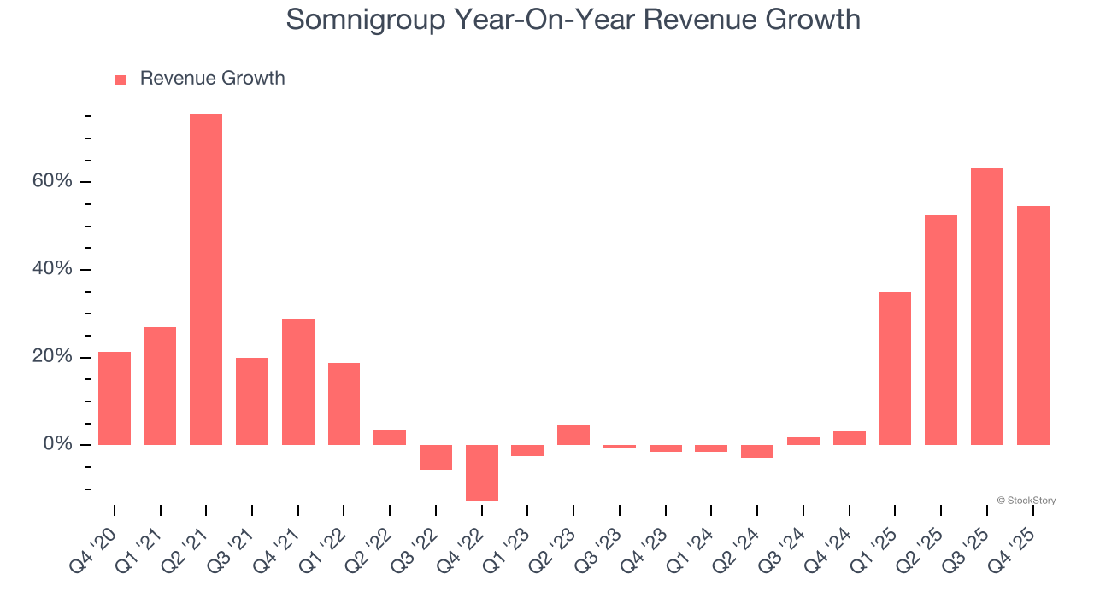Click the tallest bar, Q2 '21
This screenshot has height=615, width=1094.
(206, 279)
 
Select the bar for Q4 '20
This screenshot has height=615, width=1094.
(115, 398)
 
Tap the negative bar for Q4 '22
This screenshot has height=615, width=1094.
(482, 472)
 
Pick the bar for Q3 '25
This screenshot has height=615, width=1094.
(987, 307)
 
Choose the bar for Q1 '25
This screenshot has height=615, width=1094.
(895, 368)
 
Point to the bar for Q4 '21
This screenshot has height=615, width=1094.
(298, 382)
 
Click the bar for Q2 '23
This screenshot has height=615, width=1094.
(573, 435)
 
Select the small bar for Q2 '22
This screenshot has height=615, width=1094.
(390, 437)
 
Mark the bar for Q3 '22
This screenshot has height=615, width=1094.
(436, 457)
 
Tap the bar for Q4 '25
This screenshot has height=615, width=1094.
(1033, 325)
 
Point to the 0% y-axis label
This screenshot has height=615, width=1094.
(58, 444)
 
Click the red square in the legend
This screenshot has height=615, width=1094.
(121, 79)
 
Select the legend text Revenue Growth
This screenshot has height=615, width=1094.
(212, 79)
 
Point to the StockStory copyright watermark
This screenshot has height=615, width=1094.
(1026, 501)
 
